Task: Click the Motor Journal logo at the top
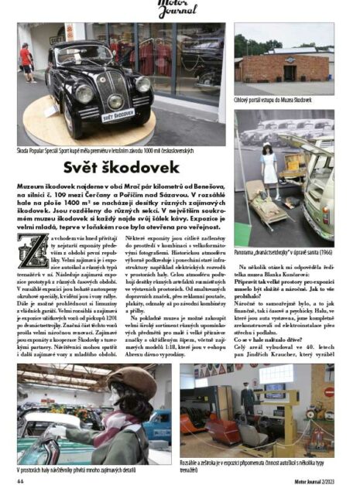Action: click(x=180, y=9)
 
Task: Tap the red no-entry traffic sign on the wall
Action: click(x=328, y=392)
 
